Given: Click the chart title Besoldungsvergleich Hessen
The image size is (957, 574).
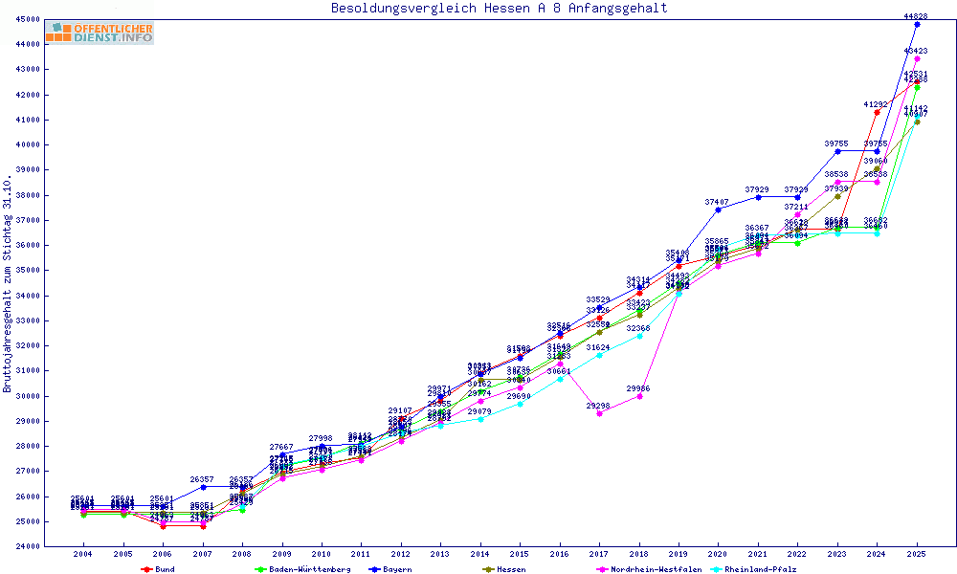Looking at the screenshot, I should [x=499, y=9].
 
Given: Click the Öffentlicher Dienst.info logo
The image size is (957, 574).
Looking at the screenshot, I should [x=99, y=33].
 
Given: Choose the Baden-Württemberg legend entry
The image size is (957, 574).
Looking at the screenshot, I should [x=297, y=569].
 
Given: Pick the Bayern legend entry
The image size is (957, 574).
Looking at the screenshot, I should [x=391, y=569].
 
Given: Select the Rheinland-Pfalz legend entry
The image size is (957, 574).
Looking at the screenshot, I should [x=760, y=569].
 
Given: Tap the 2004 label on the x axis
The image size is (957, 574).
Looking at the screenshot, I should [x=83, y=554].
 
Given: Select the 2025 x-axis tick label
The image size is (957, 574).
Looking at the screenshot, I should [x=917, y=554].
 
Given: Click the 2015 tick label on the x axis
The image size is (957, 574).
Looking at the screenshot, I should [x=520, y=554].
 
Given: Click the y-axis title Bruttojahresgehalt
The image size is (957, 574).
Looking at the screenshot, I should [x=8, y=284].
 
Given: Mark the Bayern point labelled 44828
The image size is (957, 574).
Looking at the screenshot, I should [x=917, y=24].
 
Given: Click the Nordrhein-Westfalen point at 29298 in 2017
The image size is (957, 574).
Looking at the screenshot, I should [x=599, y=413].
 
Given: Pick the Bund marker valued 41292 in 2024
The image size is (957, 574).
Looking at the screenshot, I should [x=877, y=112].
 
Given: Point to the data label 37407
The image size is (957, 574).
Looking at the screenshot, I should [x=718, y=202].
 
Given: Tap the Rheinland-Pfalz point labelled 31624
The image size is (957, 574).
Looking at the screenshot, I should [x=599, y=355].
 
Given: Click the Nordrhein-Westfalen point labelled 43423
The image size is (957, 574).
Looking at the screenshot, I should [x=917, y=58].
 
